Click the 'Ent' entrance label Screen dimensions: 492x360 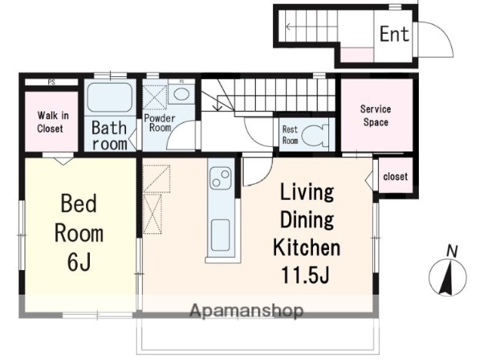pos(394,34)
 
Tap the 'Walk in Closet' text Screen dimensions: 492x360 pos(52,122)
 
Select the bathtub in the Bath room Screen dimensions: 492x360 pos(108,97)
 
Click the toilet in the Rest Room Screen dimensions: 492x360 pos(315,135)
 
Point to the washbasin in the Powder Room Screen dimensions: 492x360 pos(181,94)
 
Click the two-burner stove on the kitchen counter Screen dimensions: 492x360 pos(221,178)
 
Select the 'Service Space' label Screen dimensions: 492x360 pos(376,115)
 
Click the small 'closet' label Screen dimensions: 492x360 pos(395,176)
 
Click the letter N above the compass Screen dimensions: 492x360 pos(452,252)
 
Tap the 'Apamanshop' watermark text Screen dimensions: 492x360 pos(247,311)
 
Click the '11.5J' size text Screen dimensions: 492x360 pos(306,275)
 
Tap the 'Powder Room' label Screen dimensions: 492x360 pos(159,123)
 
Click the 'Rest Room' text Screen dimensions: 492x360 pos(290,135)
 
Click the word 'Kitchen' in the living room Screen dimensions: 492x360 pos(307,248)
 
